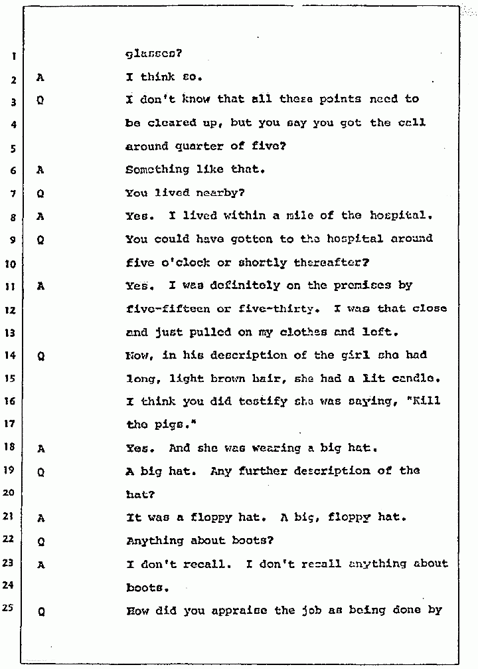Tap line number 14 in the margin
(x=13, y=355)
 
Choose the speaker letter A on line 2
(x=40, y=78)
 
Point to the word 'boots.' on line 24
(x=145, y=587)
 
